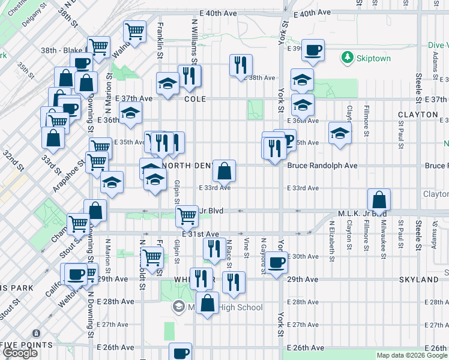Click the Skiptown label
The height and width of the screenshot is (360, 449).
373,58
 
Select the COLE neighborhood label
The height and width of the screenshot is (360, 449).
195,99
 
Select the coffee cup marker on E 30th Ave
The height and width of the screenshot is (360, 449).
276,263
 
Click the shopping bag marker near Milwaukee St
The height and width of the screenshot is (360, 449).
379,199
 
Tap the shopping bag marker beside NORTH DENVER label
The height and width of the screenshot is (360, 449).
224,172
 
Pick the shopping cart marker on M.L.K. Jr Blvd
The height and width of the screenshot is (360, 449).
187,215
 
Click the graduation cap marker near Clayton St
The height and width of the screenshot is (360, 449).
340,134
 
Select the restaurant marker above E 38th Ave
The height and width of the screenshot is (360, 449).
241,65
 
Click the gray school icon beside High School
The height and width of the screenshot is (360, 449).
178,307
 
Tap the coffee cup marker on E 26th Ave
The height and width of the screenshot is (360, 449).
181,353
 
